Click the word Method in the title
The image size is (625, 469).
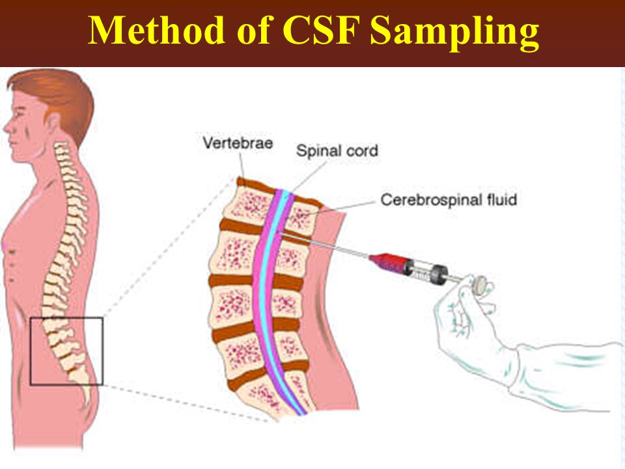pos(156,31)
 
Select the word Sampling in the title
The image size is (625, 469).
pos(454,33)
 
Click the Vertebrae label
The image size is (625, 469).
pos(238,143)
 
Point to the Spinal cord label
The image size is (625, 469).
pos(337,150)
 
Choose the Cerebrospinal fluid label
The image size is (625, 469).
pos(449,199)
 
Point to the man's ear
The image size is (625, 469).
pos(53,123)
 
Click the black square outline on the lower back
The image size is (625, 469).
pos(31,351)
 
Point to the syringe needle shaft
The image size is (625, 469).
pos(325,246)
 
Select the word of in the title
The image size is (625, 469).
pos(253,31)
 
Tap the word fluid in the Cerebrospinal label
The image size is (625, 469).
pos(502,199)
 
